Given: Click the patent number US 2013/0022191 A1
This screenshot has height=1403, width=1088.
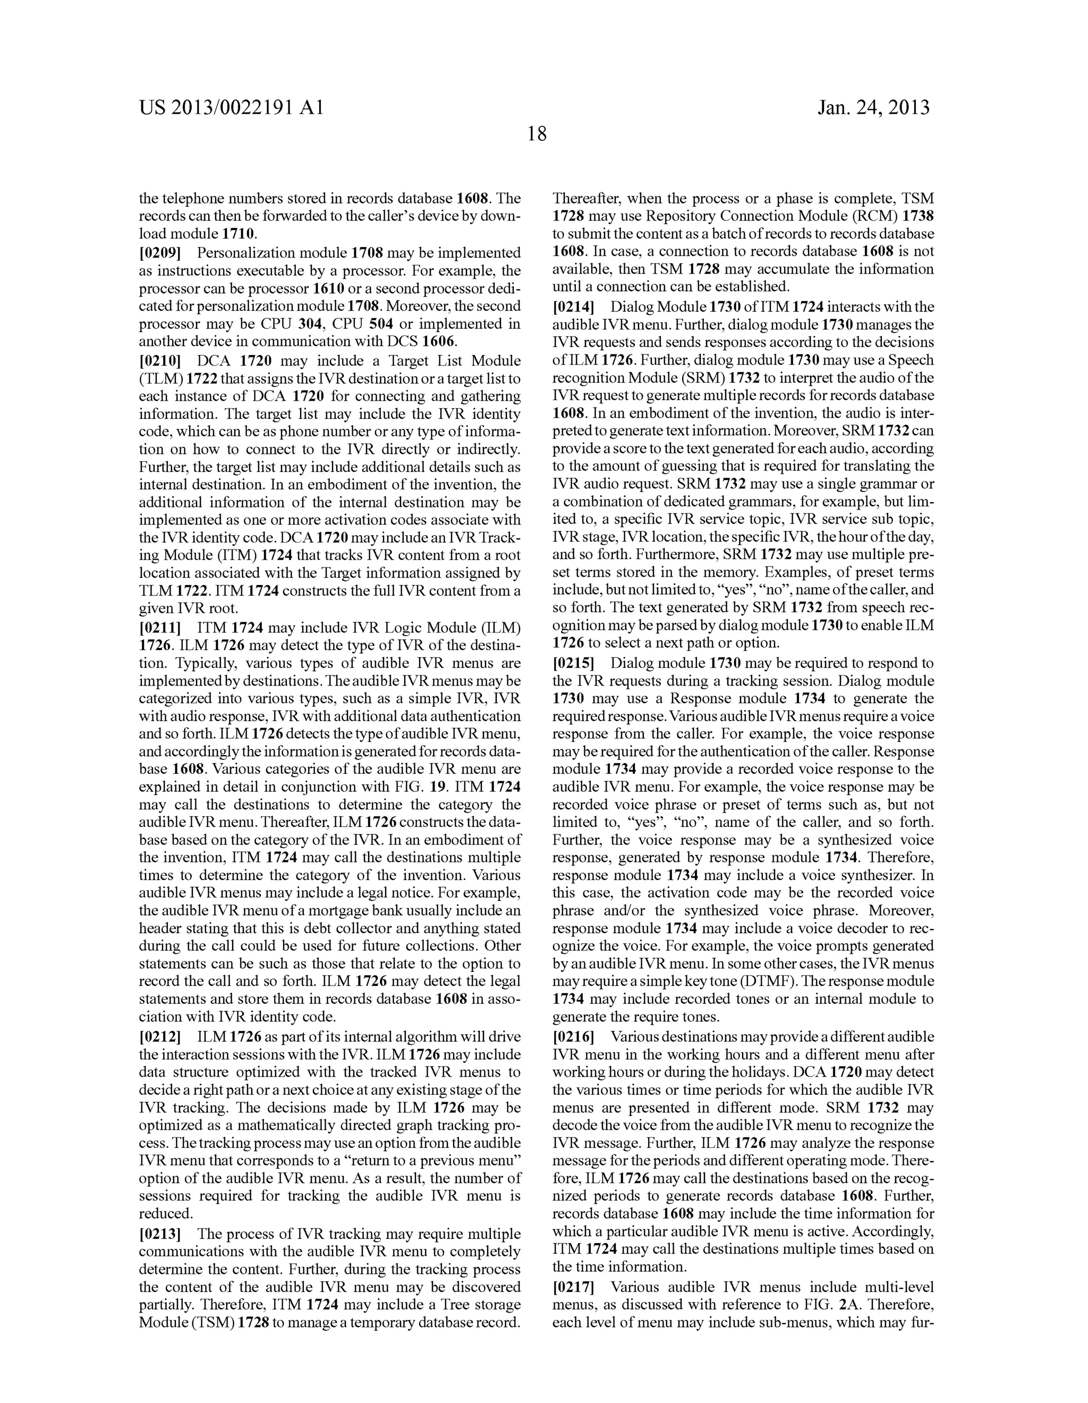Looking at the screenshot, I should pos(231,107).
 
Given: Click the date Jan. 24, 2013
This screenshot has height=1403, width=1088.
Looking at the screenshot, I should pos(873,107).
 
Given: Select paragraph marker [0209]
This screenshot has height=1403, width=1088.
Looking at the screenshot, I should pos(160,253).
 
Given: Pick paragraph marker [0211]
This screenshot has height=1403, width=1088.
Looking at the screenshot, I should pos(160,627).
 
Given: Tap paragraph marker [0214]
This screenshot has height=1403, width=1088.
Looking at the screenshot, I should pos(574,307).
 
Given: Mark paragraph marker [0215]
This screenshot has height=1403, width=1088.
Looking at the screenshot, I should pos(574,663).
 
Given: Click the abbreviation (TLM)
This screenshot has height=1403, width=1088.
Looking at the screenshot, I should pos(160,379).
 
